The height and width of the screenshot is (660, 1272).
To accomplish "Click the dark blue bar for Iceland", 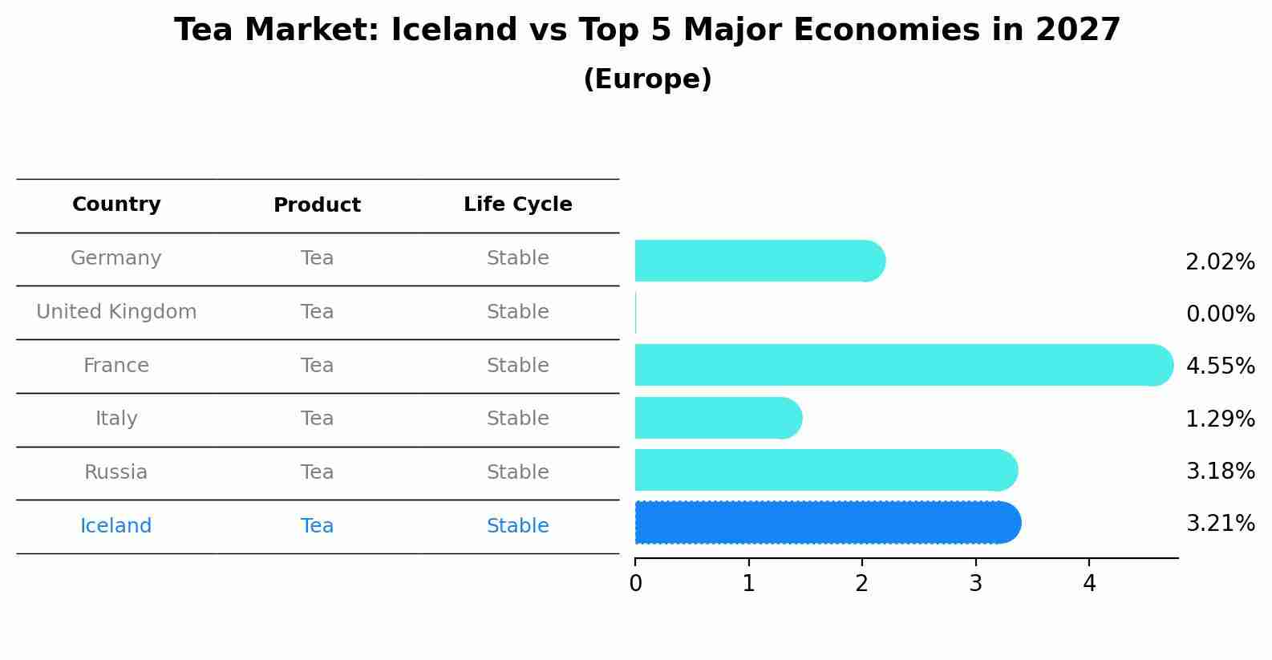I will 826,523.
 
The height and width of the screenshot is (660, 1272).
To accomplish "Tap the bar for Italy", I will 718,418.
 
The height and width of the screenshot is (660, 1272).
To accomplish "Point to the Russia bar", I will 826,471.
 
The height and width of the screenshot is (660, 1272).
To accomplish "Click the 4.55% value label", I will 1220,366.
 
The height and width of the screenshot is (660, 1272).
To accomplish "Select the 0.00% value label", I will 1220,314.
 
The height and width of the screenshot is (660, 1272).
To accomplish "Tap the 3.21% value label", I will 1220,524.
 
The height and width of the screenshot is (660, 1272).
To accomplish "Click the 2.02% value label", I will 1220,262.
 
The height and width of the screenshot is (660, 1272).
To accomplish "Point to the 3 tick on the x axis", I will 975,584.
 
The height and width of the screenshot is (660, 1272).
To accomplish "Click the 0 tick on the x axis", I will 635,584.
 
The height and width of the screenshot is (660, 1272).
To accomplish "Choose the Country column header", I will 116,204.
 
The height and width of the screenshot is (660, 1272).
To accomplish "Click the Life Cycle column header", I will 517,204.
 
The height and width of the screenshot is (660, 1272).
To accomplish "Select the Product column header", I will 317,205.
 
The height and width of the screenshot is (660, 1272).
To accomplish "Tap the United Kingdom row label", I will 116,312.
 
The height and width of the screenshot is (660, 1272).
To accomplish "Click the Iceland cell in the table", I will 116,526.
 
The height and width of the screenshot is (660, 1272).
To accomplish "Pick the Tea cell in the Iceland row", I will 317,526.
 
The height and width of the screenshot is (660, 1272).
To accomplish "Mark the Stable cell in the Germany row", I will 517,258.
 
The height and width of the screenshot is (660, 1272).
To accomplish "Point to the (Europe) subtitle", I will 647,79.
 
